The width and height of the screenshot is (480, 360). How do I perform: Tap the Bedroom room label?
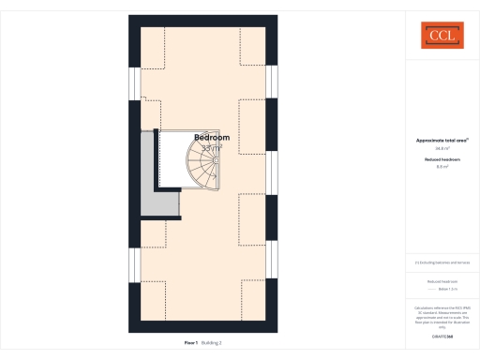(x=212, y=138)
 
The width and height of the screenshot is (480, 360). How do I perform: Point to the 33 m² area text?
(x=212, y=147)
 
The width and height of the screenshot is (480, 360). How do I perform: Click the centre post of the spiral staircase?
(x=216, y=161)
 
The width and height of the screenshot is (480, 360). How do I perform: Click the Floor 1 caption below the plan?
(x=190, y=343)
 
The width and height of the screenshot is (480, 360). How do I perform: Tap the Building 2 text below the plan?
(x=212, y=343)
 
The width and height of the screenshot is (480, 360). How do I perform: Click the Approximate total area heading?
(x=442, y=140)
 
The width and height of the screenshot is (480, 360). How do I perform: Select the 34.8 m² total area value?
(x=442, y=148)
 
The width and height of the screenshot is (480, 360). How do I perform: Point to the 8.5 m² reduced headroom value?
(x=442, y=167)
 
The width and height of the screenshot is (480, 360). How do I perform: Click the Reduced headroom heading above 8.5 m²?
(x=442, y=159)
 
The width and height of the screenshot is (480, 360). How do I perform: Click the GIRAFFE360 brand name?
(x=442, y=336)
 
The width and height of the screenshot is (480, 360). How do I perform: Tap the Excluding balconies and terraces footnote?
(x=442, y=262)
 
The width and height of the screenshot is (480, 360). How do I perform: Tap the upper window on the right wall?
(x=272, y=81)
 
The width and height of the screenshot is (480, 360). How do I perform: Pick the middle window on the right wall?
(x=272, y=172)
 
